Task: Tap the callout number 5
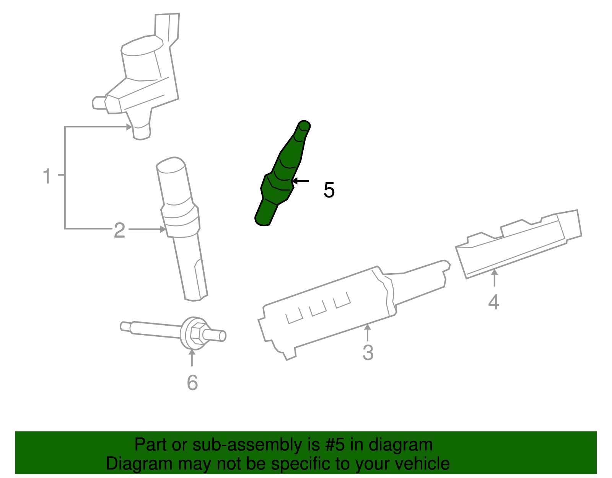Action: pos(329,190)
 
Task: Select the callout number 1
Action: pos(47,176)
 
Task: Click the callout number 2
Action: pos(119,230)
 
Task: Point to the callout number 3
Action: pos(368,352)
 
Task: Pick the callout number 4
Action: pos(493,302)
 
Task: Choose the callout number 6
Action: pos(192,383)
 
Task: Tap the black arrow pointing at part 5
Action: pos(301,181)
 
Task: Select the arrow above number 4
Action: pos(494,277)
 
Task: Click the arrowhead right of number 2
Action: pos(163,229)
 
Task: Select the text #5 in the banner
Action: pos(335,445)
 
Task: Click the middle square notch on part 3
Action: pos(317,308)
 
